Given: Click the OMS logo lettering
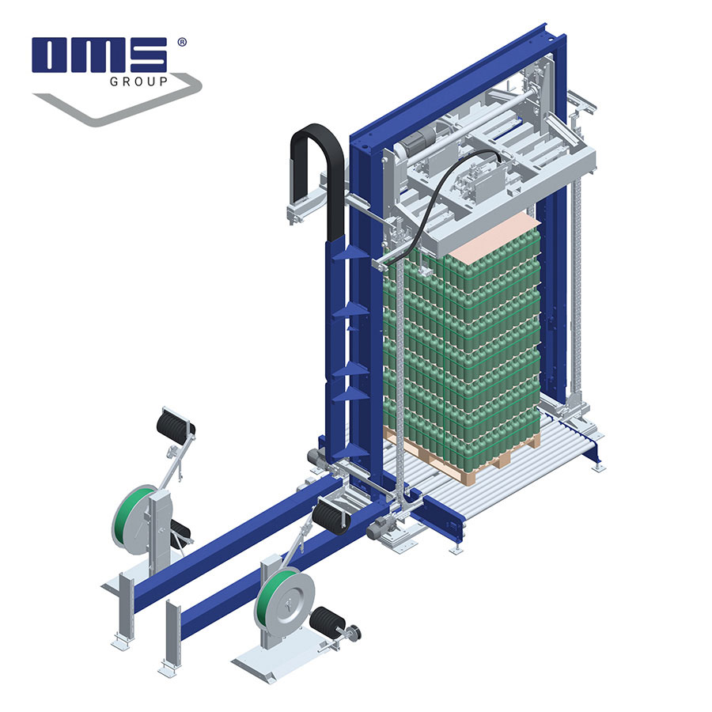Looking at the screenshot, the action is click(x=100, y=55).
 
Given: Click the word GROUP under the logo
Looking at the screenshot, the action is click(x=139, y=81).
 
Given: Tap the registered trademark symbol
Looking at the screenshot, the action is click(x=182, y=42).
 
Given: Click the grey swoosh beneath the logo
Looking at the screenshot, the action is click(x=117, y=100).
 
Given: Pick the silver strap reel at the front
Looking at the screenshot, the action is click(x=286, y=600).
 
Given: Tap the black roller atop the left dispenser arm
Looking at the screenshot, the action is click(x=176, y=425).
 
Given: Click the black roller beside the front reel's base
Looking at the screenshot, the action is click(x=327, y=620).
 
